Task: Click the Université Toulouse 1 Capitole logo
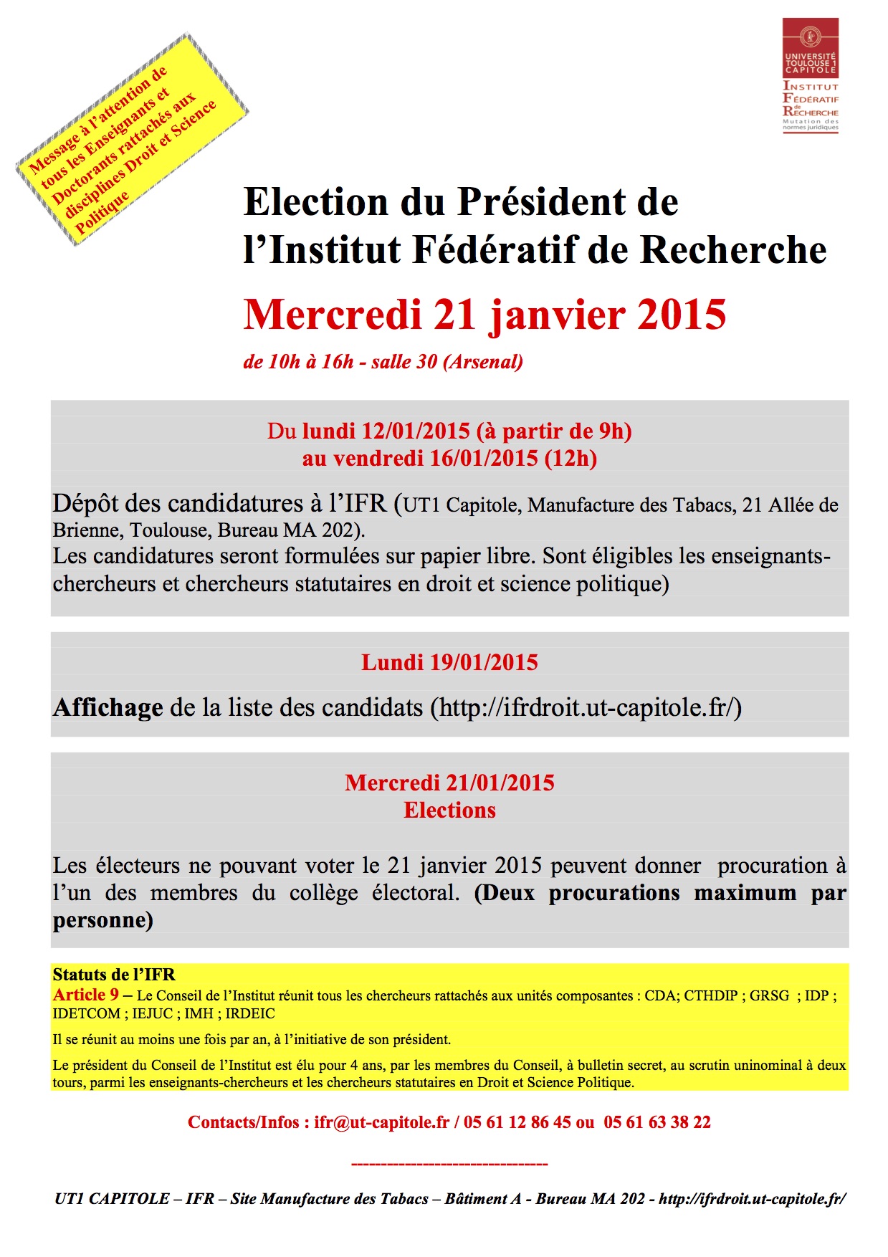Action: click(x=810, y=76)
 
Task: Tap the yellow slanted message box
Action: click(x=132, y=140)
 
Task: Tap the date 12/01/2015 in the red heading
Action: click(x=416, y=431)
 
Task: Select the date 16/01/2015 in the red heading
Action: click(x=483, y=459)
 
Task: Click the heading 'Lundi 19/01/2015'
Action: click(x=449, y=662)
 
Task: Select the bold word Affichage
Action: click(x=108, y=708)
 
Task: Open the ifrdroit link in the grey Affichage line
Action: click(x=586, y=708)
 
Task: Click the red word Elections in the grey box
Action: click(x=449, y=811)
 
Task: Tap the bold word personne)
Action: click(x=102, y=920)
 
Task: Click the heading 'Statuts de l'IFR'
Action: click(x=114, y=975)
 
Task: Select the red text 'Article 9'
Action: click(x=86, y=995)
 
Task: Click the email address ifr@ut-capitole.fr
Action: click(x=381, y=1122)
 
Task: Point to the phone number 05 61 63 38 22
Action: click(x=657, y=1122)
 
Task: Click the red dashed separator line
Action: click(x=449, y=1164)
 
